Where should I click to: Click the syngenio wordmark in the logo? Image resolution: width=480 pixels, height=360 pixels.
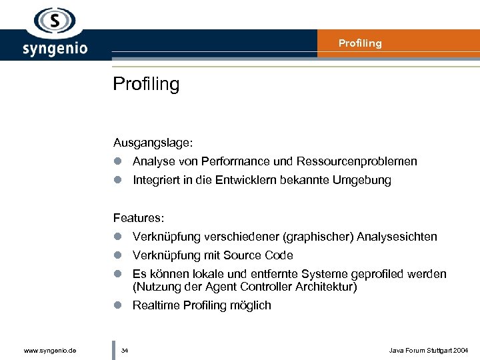tap(55, 49)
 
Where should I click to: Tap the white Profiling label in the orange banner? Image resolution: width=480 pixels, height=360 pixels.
tap(360, 43)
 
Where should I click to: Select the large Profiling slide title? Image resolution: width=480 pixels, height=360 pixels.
tap(146, 85)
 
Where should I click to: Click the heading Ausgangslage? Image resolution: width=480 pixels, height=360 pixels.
tap(153, 142)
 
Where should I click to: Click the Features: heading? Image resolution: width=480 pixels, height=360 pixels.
tap(139, 218)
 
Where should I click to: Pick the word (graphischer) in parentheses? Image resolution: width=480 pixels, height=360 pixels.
tap(319, 237)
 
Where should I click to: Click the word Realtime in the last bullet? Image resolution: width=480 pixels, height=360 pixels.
tap(157, 305)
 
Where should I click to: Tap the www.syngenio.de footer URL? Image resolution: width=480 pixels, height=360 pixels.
tap(49, 350)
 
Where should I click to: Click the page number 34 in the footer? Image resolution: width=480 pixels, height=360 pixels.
tap(125, 350)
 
